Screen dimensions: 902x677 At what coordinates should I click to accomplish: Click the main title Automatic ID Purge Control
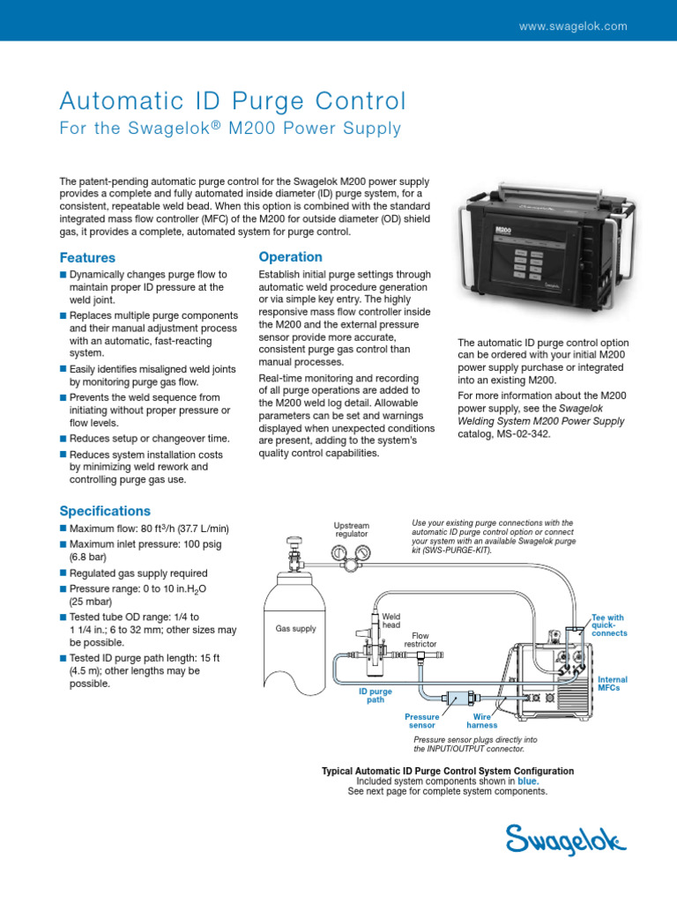point(233,100)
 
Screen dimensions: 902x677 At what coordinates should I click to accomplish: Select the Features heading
point(87,258)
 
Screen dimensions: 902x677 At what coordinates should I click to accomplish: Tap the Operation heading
point(290,257)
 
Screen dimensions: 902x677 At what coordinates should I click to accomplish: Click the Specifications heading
point(105,511)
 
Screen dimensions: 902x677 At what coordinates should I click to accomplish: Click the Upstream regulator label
point(351,529)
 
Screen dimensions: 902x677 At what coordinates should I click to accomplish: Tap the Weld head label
point(391,620)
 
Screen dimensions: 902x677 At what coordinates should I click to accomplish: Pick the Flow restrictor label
point(420,640)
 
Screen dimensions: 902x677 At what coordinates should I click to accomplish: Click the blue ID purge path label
point(375,697)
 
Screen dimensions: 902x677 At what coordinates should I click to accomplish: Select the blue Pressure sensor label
point(421,721)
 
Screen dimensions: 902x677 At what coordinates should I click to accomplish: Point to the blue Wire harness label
point(481,721)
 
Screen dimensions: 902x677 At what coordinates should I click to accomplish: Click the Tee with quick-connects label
point(607,625)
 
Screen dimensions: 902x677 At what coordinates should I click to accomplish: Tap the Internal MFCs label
point(613,684)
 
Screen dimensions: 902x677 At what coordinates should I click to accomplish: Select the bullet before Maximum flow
point(63,529)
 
